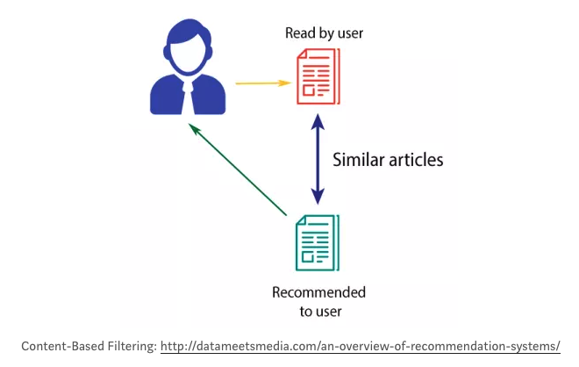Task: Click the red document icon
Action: (x=318, y=77)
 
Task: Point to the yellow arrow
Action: (x=261, y=83)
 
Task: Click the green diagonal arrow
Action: (x=239, y=170)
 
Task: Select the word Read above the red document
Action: (x=298, y=33)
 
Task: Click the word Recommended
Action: (x=319, y=291)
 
